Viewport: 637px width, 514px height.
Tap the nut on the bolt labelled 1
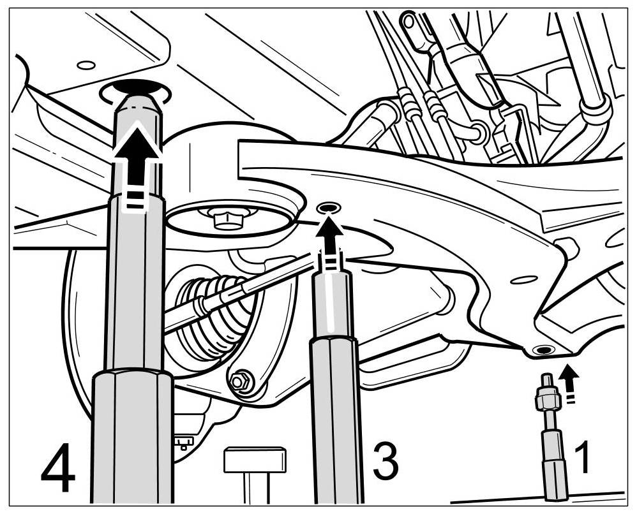(x=547, y=401)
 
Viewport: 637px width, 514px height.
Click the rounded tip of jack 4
(x=136, y=102)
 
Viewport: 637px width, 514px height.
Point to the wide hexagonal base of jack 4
(x=133, y=434)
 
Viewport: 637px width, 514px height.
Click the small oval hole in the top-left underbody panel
(x=86, y=65)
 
